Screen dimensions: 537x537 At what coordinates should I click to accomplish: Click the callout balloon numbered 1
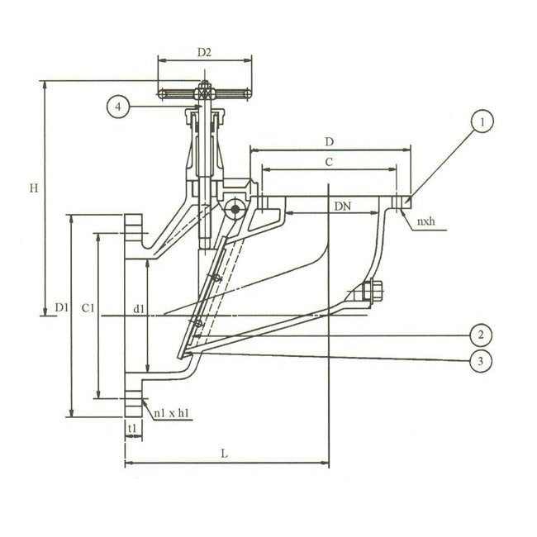point(484,123)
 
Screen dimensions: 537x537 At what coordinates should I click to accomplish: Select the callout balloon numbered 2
point(479,335)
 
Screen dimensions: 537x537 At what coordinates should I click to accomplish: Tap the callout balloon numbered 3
point(479,359)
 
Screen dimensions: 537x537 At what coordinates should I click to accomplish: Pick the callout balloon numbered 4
point(118,107)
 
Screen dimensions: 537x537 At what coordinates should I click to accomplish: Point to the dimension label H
point(34,188)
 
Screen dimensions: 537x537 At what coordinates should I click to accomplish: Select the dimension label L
point(225,454)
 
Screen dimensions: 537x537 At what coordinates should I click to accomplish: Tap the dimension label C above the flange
point(328,164)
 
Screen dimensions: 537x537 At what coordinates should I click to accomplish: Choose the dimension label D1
point(61,308)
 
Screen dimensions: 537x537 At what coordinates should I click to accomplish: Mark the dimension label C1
point(91,308)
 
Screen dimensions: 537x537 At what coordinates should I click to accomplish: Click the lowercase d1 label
point(139,309)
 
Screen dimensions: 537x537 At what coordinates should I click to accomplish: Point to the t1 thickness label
point(131,428)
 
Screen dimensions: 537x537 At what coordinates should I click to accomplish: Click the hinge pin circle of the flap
point(236,209)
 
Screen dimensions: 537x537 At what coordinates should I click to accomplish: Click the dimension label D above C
point(330,143)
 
